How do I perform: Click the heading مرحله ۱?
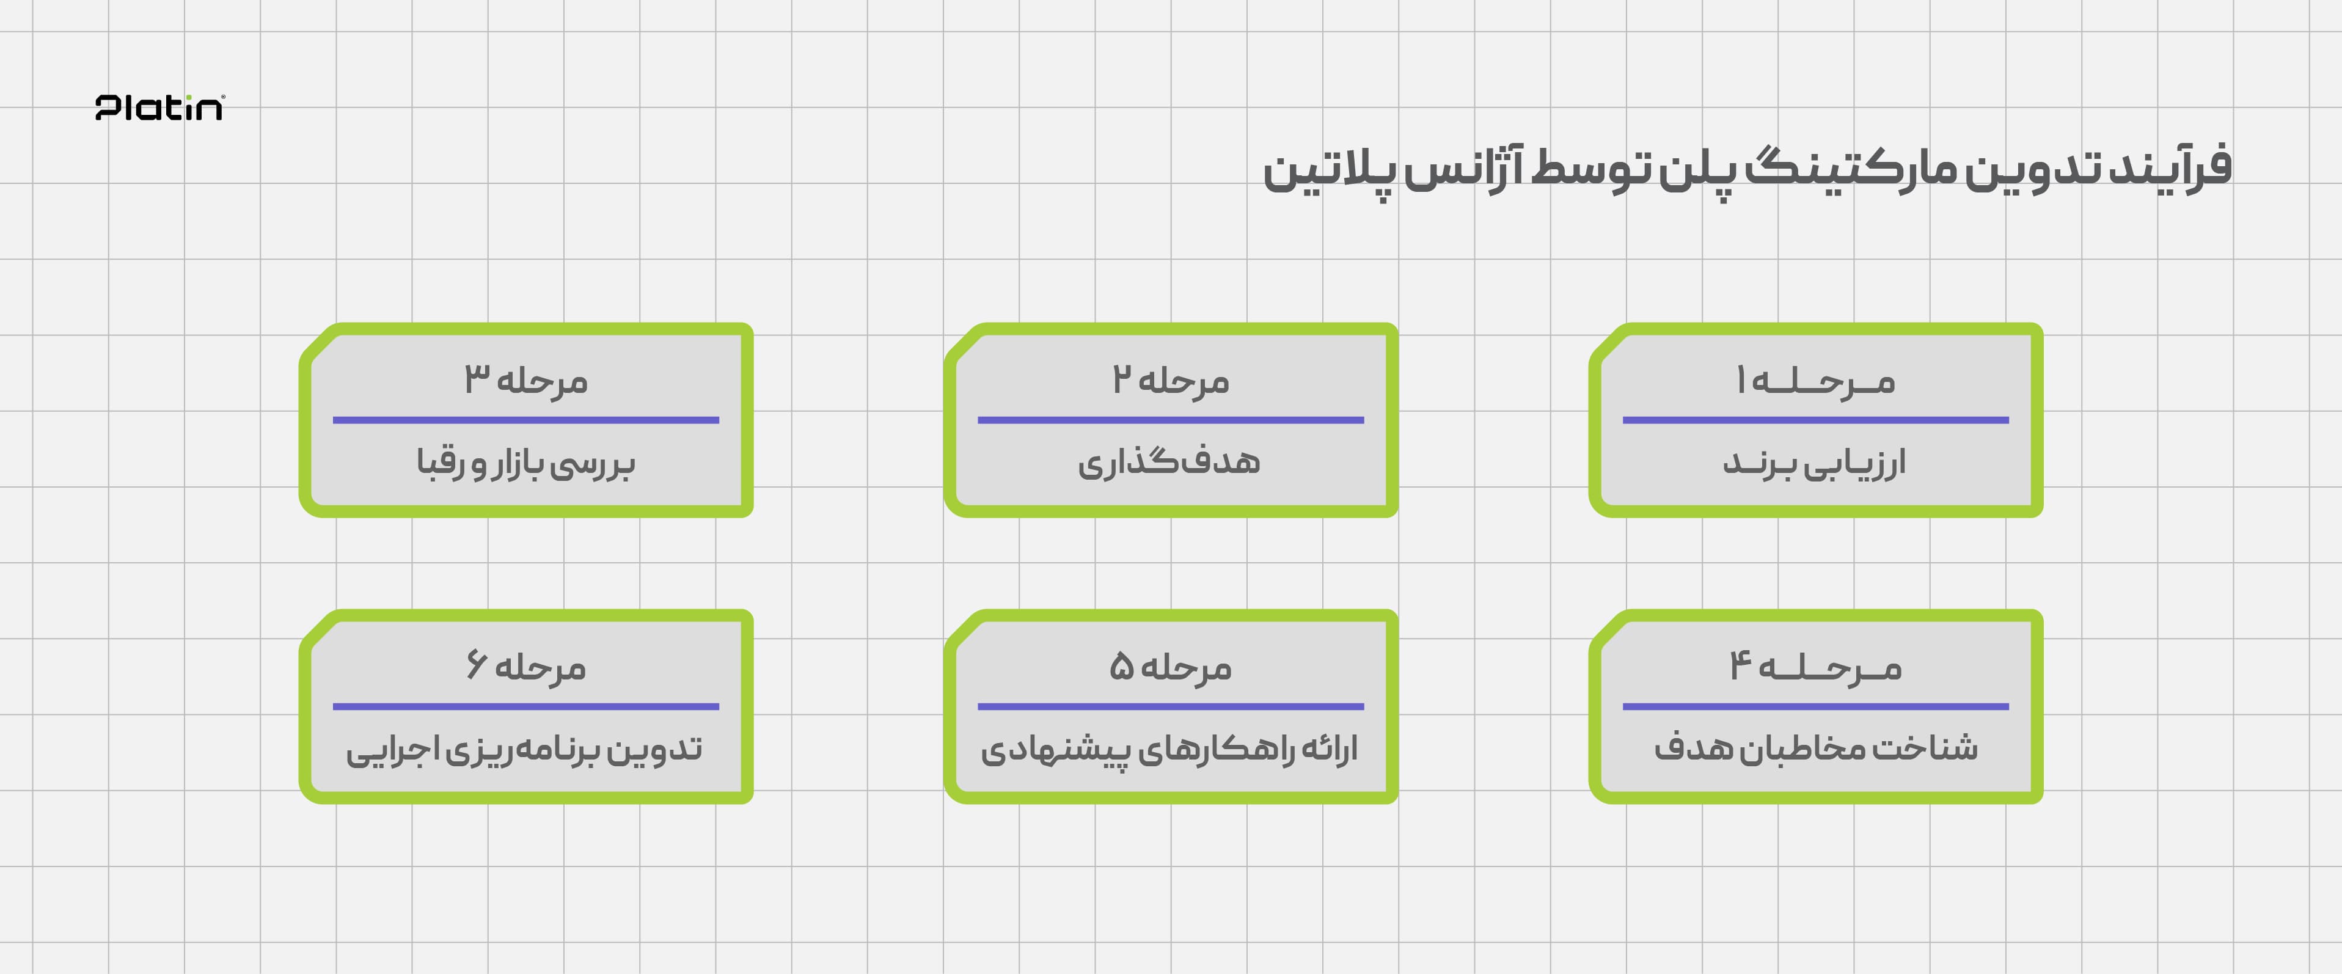coord(1815,380)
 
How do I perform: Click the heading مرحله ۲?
coord(1171,380)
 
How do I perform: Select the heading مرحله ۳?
coord(525,380)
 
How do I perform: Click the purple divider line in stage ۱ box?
coord(1815,420)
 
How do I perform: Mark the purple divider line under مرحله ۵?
coord(1171,706)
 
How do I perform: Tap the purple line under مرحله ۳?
coord(525,420)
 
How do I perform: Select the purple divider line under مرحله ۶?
coord(525,706)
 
